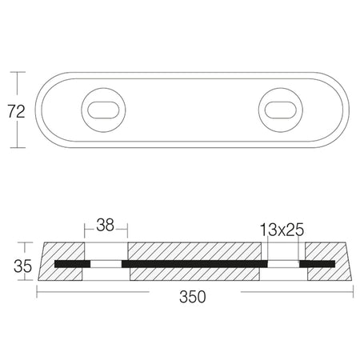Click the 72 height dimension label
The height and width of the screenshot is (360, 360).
click(x=16, y=111)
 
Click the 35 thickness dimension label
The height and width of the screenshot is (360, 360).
click(x=22, y=266)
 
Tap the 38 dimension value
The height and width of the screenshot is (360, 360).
click(x=106, y=225)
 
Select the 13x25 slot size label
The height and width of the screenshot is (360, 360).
click(x=282, y=230)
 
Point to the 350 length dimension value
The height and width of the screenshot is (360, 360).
click(x=193, y=297)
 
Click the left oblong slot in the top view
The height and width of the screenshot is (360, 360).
click(x=103, y=110)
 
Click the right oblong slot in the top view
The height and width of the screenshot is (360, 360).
click(x=281, y=110)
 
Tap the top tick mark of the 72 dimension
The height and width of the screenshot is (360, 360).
click(x=18, y=72)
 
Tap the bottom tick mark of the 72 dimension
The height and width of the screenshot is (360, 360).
click(x=18, y=147)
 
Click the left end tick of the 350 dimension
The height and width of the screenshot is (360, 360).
click(x=37, y=291)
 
